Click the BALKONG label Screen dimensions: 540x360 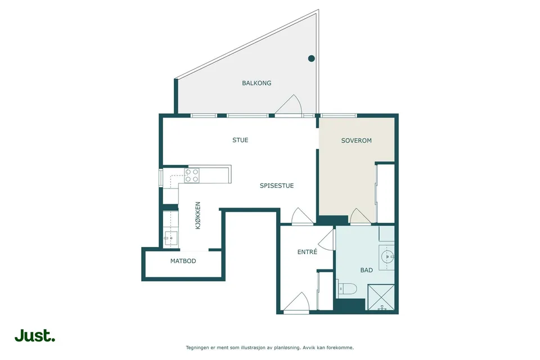256,83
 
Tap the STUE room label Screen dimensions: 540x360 240,140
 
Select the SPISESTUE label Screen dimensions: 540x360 277,186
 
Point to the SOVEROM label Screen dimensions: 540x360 357,141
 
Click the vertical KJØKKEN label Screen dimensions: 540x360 198,215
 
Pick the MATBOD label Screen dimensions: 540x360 183,261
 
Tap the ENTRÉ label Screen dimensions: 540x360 307,252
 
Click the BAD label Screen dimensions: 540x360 366,270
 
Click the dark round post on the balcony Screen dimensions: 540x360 311,58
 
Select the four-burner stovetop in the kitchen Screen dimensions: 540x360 192,175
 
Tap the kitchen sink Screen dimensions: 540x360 170,238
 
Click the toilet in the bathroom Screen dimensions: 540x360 347,289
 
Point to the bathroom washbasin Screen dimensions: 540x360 388,256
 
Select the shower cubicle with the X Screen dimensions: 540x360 381,297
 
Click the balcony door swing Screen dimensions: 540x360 289,104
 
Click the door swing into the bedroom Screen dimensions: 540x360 360,215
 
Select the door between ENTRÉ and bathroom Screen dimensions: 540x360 326,240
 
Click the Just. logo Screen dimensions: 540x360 35,336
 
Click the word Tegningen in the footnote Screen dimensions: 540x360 197,348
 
